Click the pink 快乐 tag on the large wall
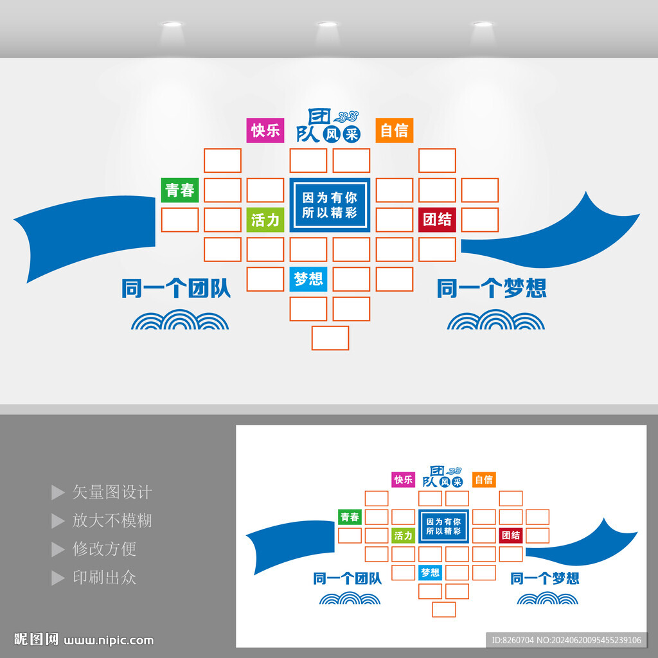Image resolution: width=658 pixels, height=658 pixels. point(265,130)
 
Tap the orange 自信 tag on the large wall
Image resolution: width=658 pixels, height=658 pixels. point(394,130)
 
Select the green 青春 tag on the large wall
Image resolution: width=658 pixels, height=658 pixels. point(180,190)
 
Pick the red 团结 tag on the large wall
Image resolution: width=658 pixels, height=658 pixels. point(437,219)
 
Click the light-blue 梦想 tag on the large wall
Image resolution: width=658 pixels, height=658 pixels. point(308,279)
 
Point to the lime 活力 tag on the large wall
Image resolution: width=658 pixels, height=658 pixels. point(265,220)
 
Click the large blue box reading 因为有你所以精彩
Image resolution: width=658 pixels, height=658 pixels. point(330,204)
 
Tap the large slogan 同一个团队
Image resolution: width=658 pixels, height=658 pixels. point(176,289)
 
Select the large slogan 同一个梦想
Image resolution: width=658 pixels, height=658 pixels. point(492,289)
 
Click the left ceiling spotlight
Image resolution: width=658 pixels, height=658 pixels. point(172,25)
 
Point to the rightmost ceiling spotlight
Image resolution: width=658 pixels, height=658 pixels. point(483,25)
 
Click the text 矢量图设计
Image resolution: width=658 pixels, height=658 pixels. point(112,493)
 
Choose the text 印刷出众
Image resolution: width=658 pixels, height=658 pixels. point(104,578)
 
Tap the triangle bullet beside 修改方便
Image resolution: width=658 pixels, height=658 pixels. point(58,549)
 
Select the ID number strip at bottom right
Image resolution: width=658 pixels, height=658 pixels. point(566,639)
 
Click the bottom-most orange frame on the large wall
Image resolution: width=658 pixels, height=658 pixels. point(330,338)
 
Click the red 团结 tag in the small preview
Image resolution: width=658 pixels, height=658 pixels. point(511,535)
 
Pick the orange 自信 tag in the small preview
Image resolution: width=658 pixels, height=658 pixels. point(484,479)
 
